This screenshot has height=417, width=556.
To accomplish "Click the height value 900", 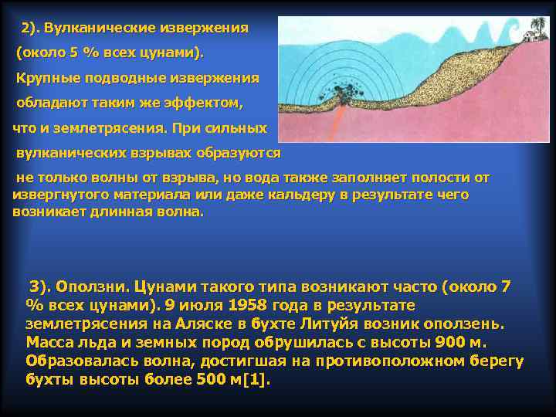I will click(x=448, y=342).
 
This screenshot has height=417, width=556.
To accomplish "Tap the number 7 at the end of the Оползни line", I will click(x=506, y=286).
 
